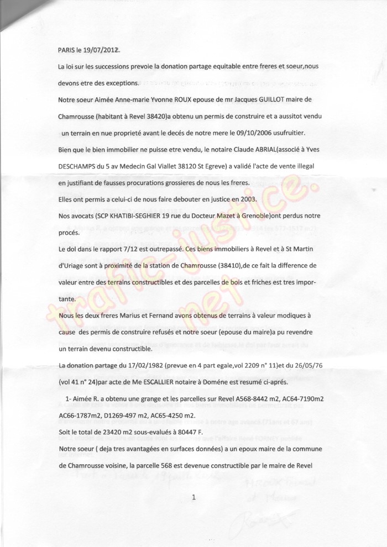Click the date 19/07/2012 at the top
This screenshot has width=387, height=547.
pyautogui.click(x=100, y=50)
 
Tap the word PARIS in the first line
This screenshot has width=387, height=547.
pyautogui.click(x=67, y=50)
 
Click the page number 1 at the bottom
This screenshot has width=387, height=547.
pyautogui.click(x=193, y=498)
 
